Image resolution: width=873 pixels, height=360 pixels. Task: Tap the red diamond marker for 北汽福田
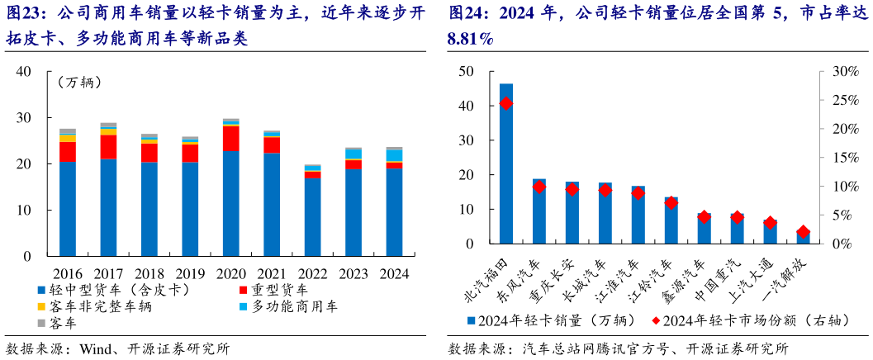pos(506,103)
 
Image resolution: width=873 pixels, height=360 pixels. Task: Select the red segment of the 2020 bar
pos(231,139)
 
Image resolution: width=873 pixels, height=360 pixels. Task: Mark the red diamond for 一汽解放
pos(804,232)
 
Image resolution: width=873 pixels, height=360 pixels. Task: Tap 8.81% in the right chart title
pos(469,39)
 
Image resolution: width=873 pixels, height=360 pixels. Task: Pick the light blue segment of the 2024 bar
pos(395,155)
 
